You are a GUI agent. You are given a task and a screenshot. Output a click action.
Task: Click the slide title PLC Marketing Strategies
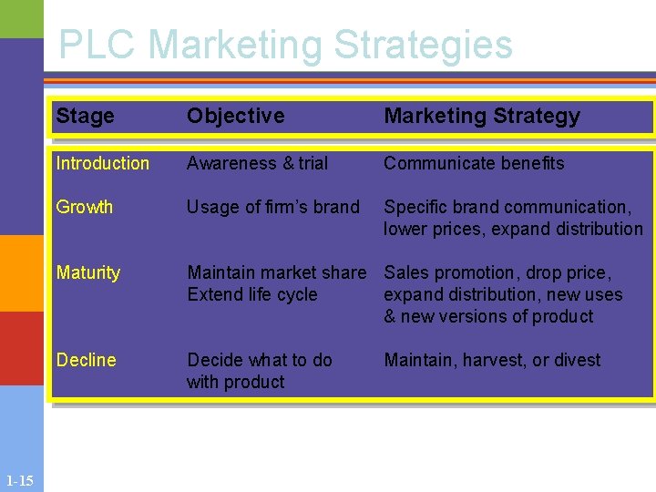point(285,45)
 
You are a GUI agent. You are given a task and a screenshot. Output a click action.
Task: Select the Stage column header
point(85,116)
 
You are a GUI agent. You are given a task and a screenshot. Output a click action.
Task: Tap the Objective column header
point(235,116)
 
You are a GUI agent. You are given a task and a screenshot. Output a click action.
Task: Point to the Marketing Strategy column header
point(481,116)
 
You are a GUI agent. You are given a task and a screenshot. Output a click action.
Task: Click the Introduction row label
point(102,163)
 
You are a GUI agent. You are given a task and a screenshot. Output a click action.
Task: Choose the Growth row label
point(84,207)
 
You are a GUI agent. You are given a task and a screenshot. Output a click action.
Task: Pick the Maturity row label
point(87,272)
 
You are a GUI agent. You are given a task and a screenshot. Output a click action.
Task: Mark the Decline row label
point(86,360)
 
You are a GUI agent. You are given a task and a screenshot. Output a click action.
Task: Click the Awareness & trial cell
point(257,163)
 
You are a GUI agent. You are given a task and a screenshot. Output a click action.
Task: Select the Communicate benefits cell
point(474,163)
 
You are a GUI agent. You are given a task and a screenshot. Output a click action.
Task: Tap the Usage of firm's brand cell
point(272,207)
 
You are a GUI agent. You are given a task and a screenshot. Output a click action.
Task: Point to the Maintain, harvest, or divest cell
point(492,360)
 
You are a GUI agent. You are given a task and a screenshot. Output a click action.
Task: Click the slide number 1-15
point(19,481)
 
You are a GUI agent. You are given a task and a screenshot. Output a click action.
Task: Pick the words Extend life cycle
point(251,294)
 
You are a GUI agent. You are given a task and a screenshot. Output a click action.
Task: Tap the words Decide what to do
point(259,360)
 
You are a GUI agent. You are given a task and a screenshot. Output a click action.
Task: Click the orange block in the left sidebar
point(21,273)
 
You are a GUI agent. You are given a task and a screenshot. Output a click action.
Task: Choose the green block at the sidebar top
point(21,18)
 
